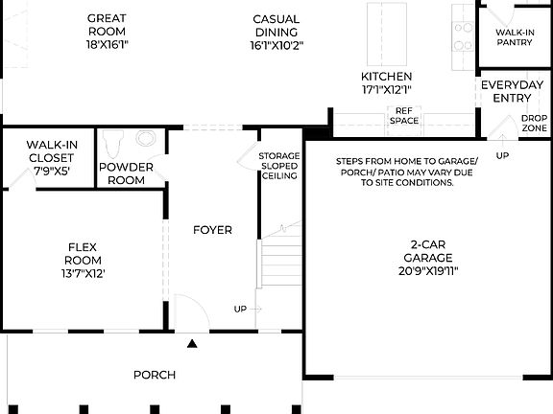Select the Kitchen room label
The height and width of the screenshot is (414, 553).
[386, 82]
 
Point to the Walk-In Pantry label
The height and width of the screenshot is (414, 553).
[515, 37]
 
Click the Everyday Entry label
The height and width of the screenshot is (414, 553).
[505, 91]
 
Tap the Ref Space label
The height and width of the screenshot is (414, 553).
[404, 116]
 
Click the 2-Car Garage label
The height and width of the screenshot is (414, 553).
[428, 264]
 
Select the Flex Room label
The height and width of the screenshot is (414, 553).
[84, 259]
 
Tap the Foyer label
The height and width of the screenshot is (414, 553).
[212, 230]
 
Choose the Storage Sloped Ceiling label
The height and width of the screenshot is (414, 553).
[278, 165]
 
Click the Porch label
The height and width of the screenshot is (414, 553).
[154, 375]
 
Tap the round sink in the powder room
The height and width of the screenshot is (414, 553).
[147, 138]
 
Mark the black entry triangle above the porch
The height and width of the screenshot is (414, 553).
[193, 343]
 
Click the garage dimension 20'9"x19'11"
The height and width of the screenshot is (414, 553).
[428, 270]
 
